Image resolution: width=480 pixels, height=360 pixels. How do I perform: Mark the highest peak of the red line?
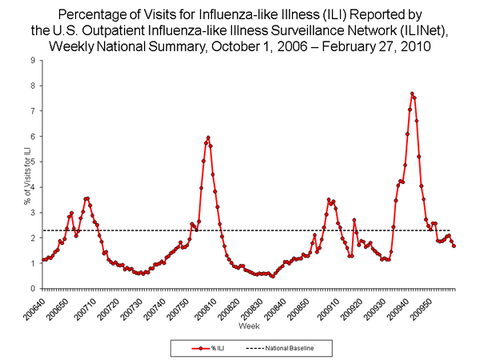(412, 94)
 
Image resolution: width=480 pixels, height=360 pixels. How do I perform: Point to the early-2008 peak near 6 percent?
(208, 138)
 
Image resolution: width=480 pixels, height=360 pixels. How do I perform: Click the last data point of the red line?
(454, 246)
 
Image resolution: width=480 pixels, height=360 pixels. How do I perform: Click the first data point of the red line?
(42, 260)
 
